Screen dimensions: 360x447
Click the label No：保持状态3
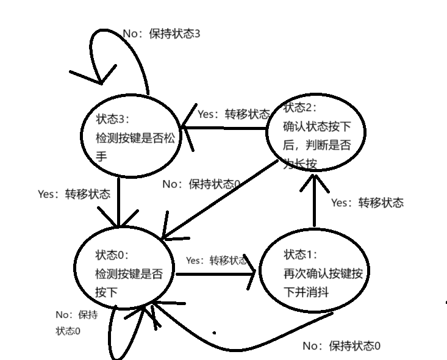pos(162,34)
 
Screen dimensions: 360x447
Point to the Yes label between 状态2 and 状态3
pos(233,114)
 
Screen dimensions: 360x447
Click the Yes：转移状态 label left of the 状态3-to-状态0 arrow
pos(74,194)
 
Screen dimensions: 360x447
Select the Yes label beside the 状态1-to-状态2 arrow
pos(367,203)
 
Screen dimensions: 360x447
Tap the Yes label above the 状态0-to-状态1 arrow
pos(216,261)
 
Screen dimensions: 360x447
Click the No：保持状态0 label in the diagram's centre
pos(201,184)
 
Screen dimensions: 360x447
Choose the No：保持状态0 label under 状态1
pos(342,346)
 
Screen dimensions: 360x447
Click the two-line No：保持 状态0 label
pos(76,323)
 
